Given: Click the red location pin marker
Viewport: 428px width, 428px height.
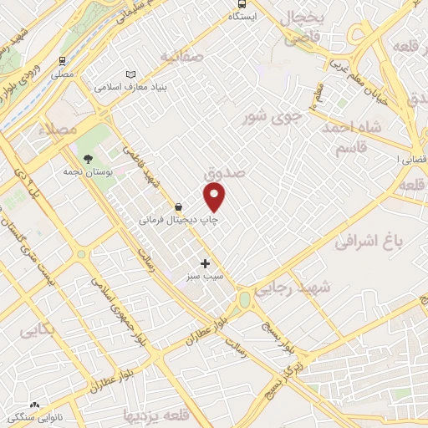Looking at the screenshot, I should [215, 198].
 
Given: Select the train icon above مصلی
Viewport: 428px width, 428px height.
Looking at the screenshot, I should [62, 61].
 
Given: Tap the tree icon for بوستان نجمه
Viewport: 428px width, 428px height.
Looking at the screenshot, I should [88, 159].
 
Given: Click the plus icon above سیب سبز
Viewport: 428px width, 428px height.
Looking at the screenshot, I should [206, 263].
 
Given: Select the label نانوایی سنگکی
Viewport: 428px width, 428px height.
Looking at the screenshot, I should [59, 416].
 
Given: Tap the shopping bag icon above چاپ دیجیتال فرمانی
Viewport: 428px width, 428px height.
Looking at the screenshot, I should [179, 206].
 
